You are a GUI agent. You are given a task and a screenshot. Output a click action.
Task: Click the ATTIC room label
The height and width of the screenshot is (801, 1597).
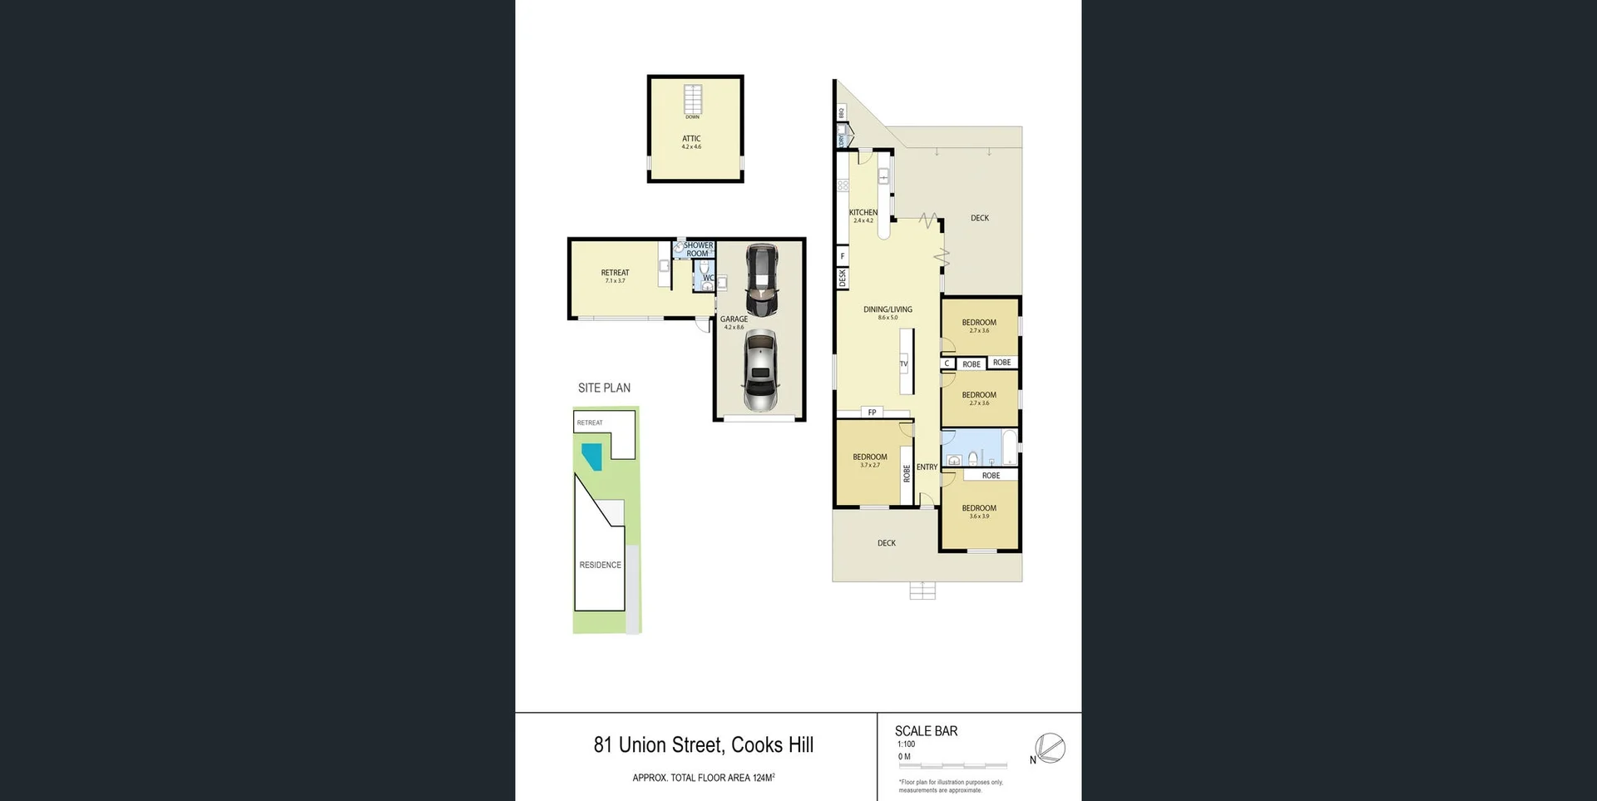pyautogui.click(x=691, y=139)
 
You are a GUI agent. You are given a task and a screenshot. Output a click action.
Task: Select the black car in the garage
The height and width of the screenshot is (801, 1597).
pyautogui.click(x=761, y=279)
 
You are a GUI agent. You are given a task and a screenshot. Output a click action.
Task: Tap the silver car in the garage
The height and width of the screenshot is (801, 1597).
pyautogui.click(x=759, y=370)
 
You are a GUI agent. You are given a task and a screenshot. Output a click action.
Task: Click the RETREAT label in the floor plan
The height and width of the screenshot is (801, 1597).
pyautogui.click(x=615, y=273)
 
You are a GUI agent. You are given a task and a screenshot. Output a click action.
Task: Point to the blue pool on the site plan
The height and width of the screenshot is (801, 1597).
pyautogui.click(x=592, y=456)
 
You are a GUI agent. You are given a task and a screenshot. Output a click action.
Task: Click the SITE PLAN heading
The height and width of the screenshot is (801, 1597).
pyautogui.click(x=604, y=388)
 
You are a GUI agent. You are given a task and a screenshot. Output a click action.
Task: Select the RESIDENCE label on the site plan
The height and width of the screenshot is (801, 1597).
pyautogui.click(x=600, y=565)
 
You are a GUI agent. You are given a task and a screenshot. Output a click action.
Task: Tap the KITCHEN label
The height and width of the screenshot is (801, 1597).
pyautogui.click(x=863, y=213)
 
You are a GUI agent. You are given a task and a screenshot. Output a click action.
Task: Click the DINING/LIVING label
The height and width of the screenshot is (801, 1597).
pyautogui.click(x=887, y=309)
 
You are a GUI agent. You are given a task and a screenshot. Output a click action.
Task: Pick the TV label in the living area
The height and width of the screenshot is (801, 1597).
pyautogui.click(x=903, y=363)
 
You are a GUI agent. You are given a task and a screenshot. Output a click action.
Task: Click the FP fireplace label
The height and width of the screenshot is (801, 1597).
pyautogui.click(x=872, y=413)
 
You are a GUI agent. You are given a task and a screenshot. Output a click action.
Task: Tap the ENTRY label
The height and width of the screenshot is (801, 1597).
pyautogui.click(x=927, y=467)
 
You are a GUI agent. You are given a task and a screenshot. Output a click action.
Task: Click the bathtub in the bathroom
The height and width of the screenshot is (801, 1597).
pyautogui.click(x=1009, y=447)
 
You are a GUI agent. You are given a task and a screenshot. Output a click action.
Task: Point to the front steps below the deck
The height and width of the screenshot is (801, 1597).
pyautogui.click(x=922, y=591)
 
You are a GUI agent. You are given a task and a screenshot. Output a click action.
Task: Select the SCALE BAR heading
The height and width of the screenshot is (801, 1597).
pyautogui.click(x=926, y=731)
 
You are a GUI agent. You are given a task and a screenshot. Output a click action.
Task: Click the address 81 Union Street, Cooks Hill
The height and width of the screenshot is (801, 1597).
pyautogui.click(x=703, y=745)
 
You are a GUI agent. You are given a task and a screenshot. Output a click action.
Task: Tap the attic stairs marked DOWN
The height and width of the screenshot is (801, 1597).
pyautogui.click(x=693, y=100)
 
